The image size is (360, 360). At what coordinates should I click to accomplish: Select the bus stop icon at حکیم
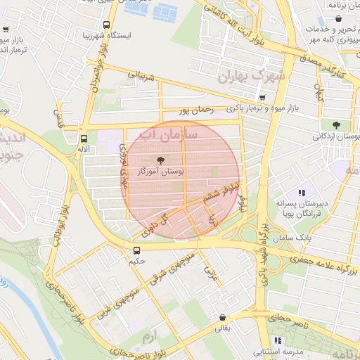tap(136, 250)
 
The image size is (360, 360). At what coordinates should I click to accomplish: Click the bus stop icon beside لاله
tap(84, 139)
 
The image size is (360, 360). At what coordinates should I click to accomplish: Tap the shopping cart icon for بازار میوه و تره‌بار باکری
tap(262, 98)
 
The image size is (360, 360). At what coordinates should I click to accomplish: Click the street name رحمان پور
tap(195, 110)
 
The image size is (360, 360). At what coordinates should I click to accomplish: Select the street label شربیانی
tap(139, 76)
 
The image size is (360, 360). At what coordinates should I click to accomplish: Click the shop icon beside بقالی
tap(222, 317)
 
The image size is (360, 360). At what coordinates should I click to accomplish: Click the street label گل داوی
tap(157, 223)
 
